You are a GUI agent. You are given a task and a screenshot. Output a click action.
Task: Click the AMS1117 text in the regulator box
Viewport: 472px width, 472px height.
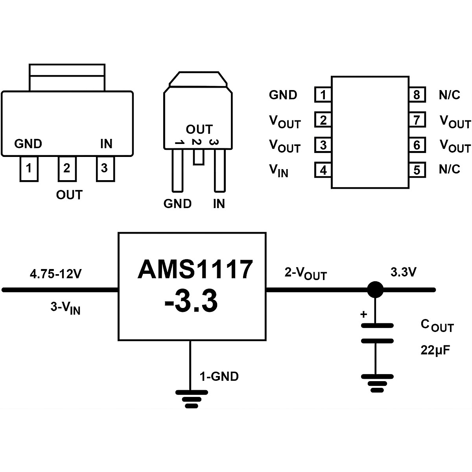tap(195, 270)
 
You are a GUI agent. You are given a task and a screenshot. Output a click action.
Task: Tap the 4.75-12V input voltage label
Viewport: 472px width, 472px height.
tap(55, 273)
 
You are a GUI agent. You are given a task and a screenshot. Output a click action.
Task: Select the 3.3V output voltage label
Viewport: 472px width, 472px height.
tap(403, 272)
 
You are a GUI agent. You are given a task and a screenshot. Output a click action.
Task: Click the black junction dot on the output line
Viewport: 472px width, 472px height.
tap(375, 290)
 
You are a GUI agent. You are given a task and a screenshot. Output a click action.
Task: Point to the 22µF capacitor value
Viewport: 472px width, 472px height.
tap(435, 350)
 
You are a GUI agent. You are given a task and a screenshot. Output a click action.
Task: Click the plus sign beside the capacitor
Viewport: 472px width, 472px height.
tap(364, 314)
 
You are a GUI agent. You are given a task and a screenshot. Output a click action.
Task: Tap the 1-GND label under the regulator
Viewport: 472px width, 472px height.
tap(219, 376)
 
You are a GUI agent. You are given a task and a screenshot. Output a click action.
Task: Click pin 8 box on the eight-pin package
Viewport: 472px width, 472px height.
tap(417, 95)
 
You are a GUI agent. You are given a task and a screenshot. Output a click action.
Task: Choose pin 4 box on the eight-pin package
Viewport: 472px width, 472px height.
tap(323, 170)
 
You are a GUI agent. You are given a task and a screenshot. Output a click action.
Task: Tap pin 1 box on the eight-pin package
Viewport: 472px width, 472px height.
tap(323, 95)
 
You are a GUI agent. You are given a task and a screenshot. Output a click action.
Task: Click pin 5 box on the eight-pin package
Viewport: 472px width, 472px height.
tap(417, 170)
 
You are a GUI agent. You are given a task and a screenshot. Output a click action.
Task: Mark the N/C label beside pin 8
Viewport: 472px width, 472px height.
tap(449, 95)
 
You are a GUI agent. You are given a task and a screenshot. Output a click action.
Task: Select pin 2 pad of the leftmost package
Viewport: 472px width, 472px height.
tap(67, 169)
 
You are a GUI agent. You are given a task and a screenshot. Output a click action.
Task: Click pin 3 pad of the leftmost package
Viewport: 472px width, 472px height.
tap(105, 169)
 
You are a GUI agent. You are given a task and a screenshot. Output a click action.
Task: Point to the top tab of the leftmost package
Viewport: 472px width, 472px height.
tap(67, 77)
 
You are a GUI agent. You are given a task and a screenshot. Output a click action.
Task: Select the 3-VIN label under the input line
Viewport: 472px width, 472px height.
tap(65, 308)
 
